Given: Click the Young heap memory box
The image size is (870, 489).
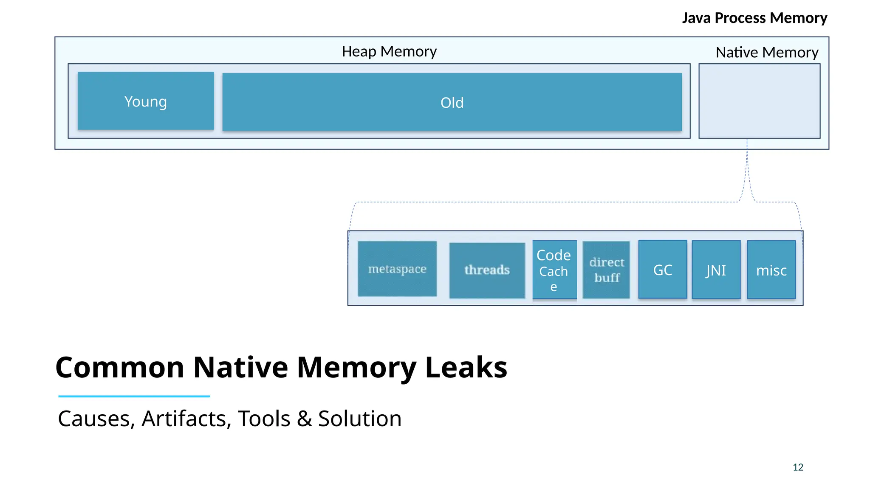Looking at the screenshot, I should tap(146, 101).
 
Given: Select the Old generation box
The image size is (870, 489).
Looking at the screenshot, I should tap(452, 102).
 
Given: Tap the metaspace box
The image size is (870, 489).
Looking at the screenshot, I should tap(397, 269).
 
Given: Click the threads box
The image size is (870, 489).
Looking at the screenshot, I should tap(487, 270).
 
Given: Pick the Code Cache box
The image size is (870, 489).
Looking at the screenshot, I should tap(554, 270).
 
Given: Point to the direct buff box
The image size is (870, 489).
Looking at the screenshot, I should tap(606, 270).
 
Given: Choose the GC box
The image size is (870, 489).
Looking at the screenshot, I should tap(662, 270).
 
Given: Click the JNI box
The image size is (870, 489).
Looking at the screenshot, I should tap(716, 270).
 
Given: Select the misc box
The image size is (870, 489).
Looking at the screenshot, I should tap(771, 270).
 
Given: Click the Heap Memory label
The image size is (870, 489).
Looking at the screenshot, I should tap(389, 51).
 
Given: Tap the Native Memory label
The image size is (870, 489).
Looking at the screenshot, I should tap(767, 52).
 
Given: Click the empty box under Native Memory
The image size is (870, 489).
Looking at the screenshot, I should tap(759, 101).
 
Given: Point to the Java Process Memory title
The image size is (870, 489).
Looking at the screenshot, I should tap(754, 18).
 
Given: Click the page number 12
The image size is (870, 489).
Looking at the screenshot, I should tap(798, 467).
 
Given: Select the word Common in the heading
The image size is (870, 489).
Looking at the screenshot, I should tap(120, 367).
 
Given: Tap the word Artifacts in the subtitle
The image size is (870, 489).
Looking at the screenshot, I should tap(186, 419).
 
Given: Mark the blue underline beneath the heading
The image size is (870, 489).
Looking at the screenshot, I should tap(134, 396).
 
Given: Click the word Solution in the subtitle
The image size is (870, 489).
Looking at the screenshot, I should tap(359, 419).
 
